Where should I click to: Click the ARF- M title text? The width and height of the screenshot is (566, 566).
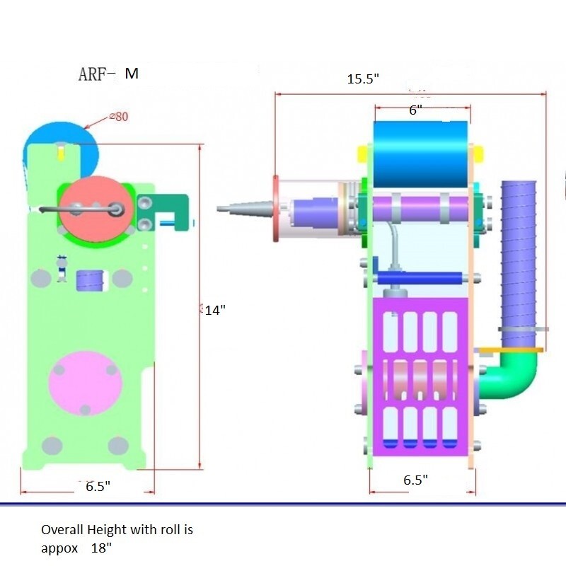[x=108, y=74]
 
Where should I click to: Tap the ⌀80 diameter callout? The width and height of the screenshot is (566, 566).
[x=119, y=117]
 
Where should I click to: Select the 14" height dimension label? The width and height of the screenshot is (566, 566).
[x=215, y=310]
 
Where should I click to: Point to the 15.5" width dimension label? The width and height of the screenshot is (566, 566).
[x=363, y=79]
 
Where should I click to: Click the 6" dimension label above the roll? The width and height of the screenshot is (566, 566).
[x=415, y=110]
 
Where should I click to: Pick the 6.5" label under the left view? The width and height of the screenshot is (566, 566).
[x=98, y=486]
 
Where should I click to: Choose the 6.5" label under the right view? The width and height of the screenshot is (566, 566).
[x=415, y=480]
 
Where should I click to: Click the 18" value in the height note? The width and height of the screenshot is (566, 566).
[x=101, y=548]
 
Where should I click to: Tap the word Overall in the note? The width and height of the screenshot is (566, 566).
[x=62, y=529]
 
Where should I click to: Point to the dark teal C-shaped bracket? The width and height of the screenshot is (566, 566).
[x=163, y=212]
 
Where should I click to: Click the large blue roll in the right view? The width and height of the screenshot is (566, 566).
[x=420, y=154]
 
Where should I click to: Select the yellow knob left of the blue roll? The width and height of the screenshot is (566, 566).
[x=362, y=154]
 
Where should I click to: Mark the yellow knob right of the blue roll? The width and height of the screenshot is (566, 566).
[x=478, y=154]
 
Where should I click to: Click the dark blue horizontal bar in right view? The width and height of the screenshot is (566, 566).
[x=420, y=278]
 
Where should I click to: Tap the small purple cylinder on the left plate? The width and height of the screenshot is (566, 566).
[x=91, y=280]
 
